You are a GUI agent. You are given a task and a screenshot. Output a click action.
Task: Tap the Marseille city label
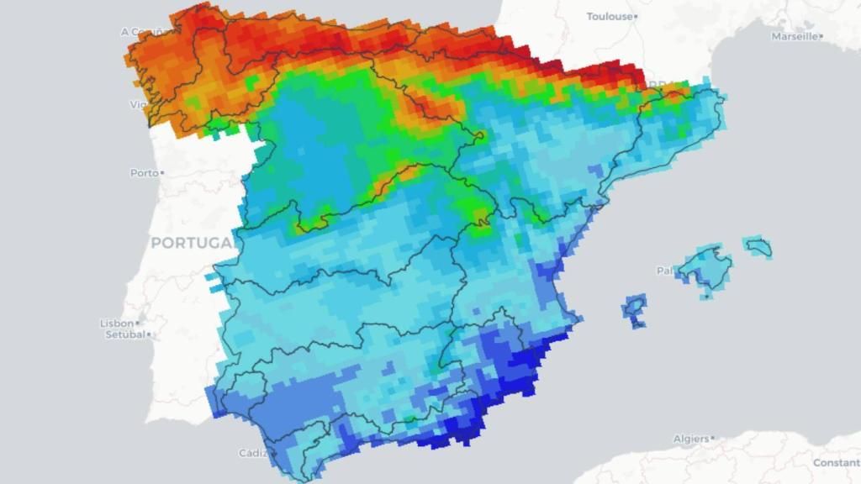(794, 36)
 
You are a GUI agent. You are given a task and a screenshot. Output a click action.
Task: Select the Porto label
(144, 173)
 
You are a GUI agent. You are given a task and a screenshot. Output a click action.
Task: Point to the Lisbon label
(117, 324)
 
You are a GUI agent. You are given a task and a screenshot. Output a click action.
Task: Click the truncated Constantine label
(836, 463)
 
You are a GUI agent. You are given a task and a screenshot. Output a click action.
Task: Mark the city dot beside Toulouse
(637, 17)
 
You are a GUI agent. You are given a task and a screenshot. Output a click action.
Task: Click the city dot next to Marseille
(821, 36)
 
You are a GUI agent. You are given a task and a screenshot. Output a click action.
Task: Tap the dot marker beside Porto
(162, 173)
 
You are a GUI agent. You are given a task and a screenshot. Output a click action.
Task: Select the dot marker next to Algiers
(712, 439)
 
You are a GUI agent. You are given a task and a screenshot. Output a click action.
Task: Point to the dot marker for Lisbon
(137, 324)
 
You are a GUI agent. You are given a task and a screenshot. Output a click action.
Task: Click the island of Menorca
(758, 246)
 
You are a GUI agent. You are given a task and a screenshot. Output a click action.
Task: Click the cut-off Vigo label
(137, 105)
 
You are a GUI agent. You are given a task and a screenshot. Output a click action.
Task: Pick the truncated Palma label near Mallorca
(664, 271)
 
